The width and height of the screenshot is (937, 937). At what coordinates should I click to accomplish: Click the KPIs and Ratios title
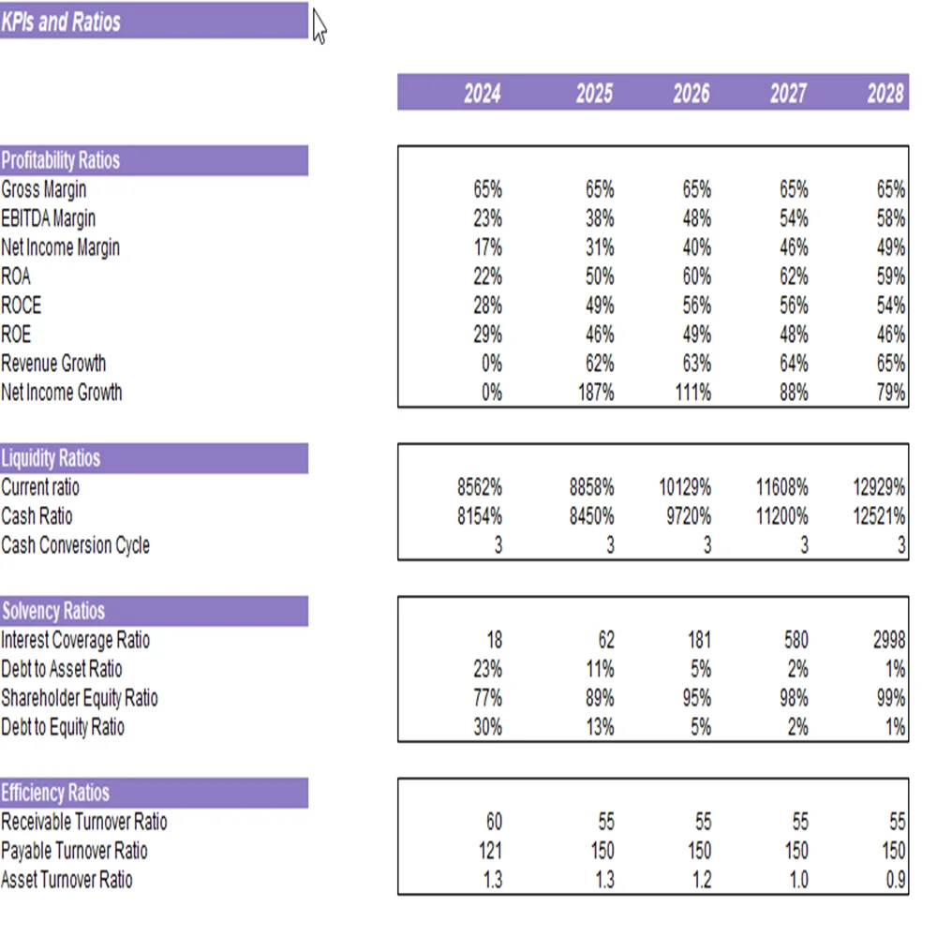pyautogui.click(x=62, y=22)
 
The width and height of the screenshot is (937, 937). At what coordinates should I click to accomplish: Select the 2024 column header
pyautogui.click(x=482, y=94)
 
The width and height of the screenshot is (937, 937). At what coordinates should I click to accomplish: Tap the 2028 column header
pyautogui.click(x=885, y=94)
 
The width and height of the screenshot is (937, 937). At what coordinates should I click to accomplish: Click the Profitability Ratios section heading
pyautogui.click(x=61, y=160)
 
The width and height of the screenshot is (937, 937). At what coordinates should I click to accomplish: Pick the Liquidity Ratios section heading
pyautogui.click(x=51, y=458)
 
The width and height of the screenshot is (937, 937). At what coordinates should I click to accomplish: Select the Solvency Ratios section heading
pyautogui.click(x=52, y=611)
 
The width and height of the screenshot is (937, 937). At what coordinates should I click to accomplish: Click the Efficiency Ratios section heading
pyautogui.click(x=55, y=793)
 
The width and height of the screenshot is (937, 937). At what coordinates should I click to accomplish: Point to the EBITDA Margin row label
pyautogui.click(x=48, y=218)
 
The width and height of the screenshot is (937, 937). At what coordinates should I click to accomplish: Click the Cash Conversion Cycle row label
pyautogui.click(x=75, y=545)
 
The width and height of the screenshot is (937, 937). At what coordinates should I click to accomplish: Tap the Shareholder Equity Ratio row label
pyautogui.click(x=80, y=698)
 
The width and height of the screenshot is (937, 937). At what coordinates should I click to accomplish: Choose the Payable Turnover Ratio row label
pyautogui.click(x=74, y=851)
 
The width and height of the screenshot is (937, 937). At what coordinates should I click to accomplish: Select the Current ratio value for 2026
pyautogui.click(x=685, y=487)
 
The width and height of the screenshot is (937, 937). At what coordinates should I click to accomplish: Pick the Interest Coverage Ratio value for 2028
pyautogui.click(x=888, y=640)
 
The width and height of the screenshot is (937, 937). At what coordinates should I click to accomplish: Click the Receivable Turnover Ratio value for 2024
pyautogui.click(x=494, y=822)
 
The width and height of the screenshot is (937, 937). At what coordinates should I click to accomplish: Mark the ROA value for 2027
pyautogui.click(x=794, y=276)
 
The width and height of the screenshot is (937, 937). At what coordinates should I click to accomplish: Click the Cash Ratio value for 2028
pyautogui.click(x=878, y=516)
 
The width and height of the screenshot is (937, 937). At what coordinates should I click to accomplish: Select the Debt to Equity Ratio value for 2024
pyautogui.click(x=487, y=727)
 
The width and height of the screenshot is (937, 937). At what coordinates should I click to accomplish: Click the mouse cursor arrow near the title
pyautogui.click(x=320, y=26)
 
